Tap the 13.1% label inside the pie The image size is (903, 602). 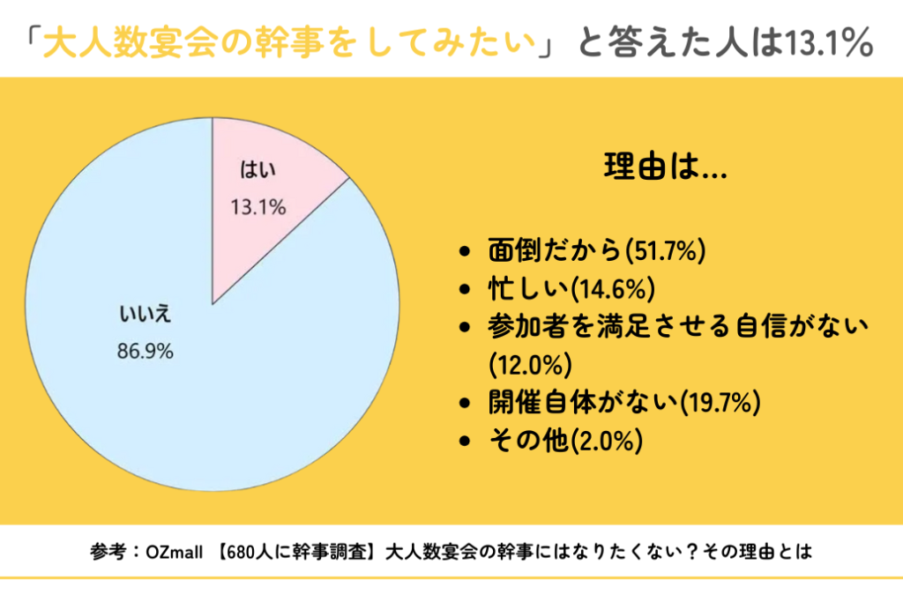tap(258, 208)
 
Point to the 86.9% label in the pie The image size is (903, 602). tap(146, 351)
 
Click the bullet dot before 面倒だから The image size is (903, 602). tap(466, 253)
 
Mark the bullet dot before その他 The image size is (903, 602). tap(466, 441)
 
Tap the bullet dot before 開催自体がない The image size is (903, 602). tap(466, 404)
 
